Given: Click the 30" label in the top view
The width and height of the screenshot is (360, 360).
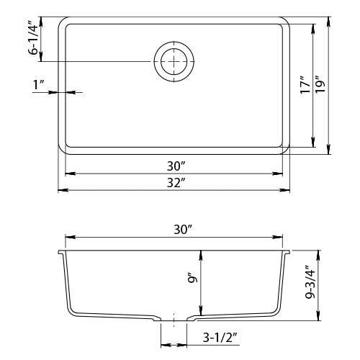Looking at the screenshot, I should coord(173,166).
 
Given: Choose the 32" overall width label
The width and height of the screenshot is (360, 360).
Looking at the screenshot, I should coord(173,182).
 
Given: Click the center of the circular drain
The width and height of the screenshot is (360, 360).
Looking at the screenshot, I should coord(174,63).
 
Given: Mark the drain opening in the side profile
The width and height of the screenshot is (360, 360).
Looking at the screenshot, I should coord(174,318).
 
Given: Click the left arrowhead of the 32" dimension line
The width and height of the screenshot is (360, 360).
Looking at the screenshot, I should coord(60,190).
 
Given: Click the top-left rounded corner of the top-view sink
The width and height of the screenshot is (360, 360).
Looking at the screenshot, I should coord(63,22).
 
